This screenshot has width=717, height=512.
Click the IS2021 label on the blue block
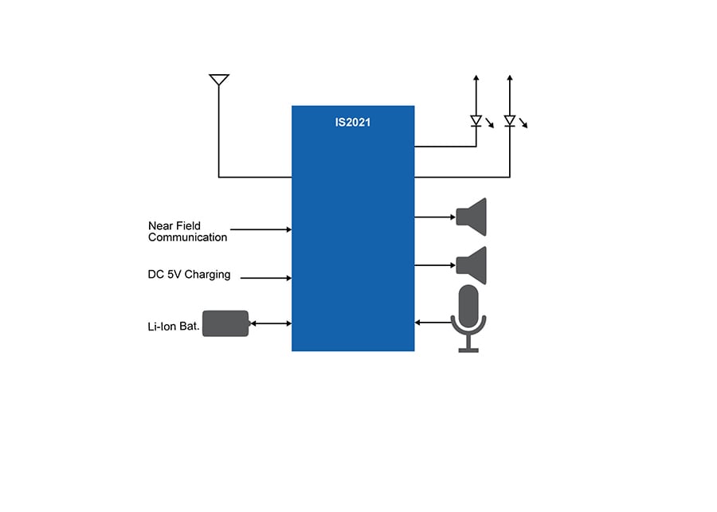coord(353,123)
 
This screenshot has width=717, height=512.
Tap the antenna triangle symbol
coord(219,80)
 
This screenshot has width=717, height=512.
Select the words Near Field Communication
coord(187,232)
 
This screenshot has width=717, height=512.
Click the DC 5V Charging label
coord(189,275)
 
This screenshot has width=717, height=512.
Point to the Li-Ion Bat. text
coord(174,326)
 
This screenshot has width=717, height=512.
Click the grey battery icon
coord(225,323)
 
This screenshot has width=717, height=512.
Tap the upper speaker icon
coord(472,216)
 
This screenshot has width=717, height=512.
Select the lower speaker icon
coord(472,264)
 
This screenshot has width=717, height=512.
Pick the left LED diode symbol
coord(476,121)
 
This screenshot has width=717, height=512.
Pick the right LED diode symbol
coord(510,121)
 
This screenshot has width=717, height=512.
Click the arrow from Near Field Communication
coord(261,229)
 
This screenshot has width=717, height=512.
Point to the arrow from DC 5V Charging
coord(265,278)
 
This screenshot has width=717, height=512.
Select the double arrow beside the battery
coord(270,323)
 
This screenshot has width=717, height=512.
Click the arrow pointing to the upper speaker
coord(434,216)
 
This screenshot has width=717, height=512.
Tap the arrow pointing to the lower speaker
coord(434,264)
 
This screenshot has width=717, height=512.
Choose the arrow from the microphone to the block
coord(432,322)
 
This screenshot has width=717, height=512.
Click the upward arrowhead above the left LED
coord(476,78)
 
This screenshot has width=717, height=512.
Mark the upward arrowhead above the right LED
coord(510,78)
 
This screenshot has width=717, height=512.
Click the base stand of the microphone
coord(468,349)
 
